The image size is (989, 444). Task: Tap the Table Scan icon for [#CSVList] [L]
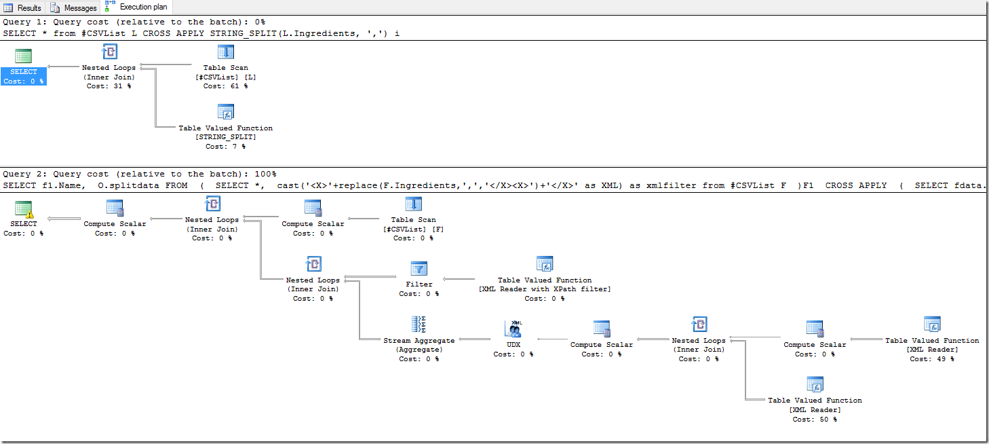click(225, 53)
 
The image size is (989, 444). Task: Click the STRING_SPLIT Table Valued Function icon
click(225, 113)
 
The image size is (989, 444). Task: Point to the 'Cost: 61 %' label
click(225, 86)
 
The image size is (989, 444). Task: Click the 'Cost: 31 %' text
click(109, 86)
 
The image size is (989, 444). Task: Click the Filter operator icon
click(419, 270)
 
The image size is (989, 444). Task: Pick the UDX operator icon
click(513, 329)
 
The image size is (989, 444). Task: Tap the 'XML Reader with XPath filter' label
click(545, 289)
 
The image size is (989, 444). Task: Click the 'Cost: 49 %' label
click(932, 359)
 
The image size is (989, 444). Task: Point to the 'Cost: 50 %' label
click(815, 419)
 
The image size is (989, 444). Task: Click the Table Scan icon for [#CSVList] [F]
click(414, 204)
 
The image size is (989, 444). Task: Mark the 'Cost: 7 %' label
click(225, 146)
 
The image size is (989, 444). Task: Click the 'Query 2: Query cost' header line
click(140, 174)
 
